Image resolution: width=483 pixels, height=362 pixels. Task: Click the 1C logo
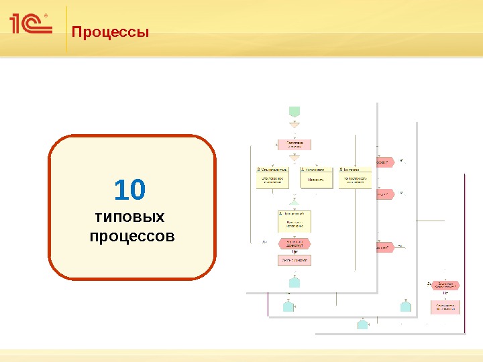[30, 25]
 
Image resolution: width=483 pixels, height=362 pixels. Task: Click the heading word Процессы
[110, 32]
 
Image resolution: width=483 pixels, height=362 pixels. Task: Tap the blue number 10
[129, 190]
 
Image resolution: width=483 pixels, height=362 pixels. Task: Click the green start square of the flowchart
[294, 111]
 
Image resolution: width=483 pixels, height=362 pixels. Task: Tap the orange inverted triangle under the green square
[294, 125]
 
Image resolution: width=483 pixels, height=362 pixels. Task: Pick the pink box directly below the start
[294, 144]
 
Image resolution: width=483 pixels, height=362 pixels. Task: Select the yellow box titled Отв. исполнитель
[272, 178]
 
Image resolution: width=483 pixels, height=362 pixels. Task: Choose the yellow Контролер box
[356, 178]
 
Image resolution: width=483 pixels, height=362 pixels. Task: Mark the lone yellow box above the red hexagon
[294, 221]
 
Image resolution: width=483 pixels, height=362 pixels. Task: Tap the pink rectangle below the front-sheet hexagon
[294, 260]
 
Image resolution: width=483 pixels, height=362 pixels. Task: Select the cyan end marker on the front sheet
[294, 282]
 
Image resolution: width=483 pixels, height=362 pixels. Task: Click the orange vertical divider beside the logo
[67, 29]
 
